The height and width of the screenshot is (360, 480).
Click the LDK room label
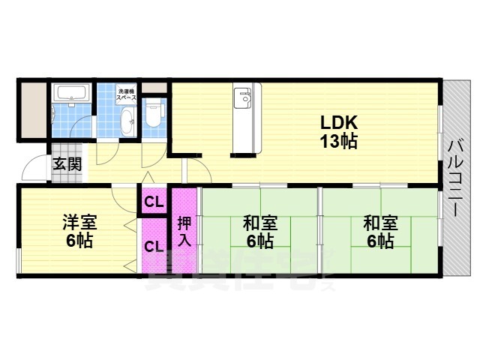[x=339, y=122]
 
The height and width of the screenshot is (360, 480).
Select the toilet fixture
[x=154, y=112]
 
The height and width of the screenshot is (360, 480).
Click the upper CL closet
[x=154, y=201]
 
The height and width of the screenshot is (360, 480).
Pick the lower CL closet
[x=154, y=245]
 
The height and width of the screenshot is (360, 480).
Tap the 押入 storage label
[x=184, y=232]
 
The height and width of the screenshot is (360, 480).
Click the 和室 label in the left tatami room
[x=260, y=223]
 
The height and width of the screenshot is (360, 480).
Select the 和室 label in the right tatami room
[x=380, y=223]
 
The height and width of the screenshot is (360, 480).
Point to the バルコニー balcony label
[x=455, y=176]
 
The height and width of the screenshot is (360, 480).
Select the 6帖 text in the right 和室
[x=380, y=241]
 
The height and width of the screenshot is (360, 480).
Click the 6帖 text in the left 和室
[x=260, y=241]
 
